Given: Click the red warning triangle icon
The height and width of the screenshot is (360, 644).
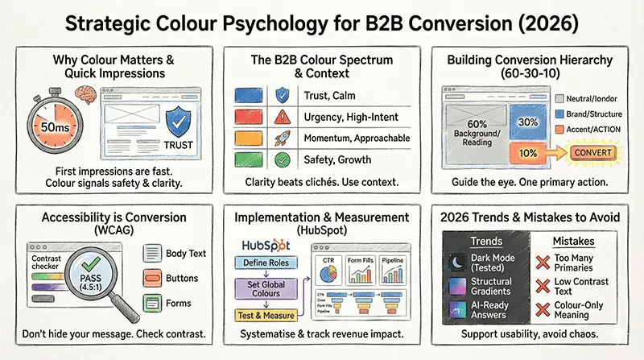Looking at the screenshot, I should click(281, 117).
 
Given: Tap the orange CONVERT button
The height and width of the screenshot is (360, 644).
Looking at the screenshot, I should click(590, 153).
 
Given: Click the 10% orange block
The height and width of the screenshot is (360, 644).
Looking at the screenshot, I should click(527, 151).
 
